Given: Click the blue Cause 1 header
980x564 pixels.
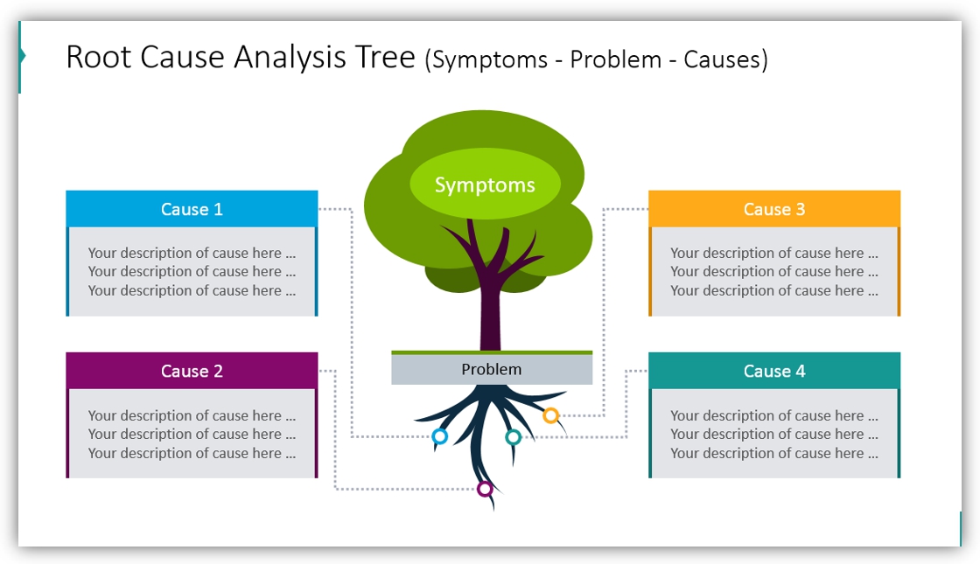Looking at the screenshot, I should coord(192,209).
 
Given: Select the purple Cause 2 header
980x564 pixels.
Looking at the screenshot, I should coord(192,371).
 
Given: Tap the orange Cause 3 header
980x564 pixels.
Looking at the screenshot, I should coord(774,209).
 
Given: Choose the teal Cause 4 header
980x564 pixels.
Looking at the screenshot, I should coord(774,371).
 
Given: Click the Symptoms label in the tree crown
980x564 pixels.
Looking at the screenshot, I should coord(485,185).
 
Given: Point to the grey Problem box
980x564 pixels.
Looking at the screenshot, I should coord(492,370).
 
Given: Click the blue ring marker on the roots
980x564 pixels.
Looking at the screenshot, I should coord(440,436).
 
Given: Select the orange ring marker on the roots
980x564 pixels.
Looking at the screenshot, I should coord(550,415).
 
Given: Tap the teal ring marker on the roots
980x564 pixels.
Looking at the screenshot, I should coord(514,437).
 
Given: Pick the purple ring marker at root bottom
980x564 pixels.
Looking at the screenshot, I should coord(485,489).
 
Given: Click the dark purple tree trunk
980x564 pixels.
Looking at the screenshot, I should coord(490,315).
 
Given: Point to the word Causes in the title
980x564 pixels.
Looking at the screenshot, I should coord(725,60).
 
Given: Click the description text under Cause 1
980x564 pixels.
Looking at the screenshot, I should coord(192,272).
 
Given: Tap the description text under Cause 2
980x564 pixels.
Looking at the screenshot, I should coord(192,435).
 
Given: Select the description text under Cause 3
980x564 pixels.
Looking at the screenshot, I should coord(774,272).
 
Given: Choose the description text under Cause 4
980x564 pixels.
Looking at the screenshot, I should coord(774,435).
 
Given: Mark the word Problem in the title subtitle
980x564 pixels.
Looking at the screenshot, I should coord(616,60).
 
